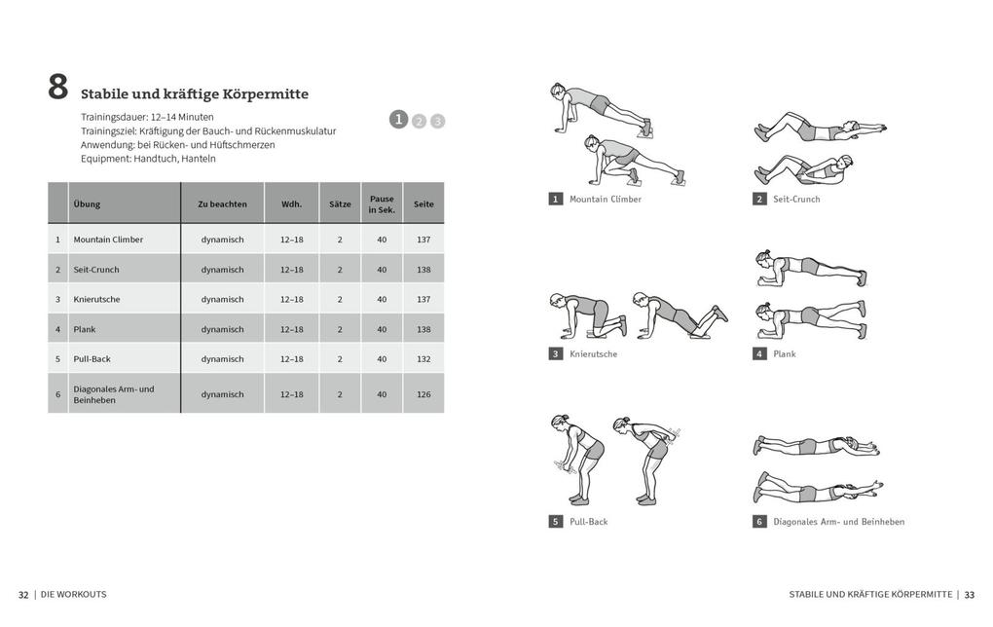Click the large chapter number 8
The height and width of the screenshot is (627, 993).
pos(58,88)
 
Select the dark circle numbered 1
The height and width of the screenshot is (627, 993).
pos(398,119)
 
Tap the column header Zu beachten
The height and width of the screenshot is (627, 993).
pos(222,204)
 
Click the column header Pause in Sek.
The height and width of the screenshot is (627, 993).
pos(382,204)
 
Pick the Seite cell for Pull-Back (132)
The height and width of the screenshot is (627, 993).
pos(423,358)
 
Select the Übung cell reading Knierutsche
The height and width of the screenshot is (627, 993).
pos(96,299)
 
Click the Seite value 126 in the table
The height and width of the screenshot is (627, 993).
pos(423,394)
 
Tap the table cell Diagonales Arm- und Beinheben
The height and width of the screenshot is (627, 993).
pos(113,394)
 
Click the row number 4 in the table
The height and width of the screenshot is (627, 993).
pos(57,329)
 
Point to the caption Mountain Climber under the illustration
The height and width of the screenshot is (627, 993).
pos(605,199)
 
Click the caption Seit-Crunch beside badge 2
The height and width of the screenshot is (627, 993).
pos(796,199)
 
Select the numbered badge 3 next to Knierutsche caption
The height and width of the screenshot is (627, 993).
pos(556,353)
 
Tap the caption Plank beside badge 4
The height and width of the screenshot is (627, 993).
pos(784,353)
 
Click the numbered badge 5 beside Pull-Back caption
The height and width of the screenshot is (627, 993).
pos(556,521)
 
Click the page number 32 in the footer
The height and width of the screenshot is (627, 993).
pos(23,594)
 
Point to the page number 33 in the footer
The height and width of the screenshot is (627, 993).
pos(969,594)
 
